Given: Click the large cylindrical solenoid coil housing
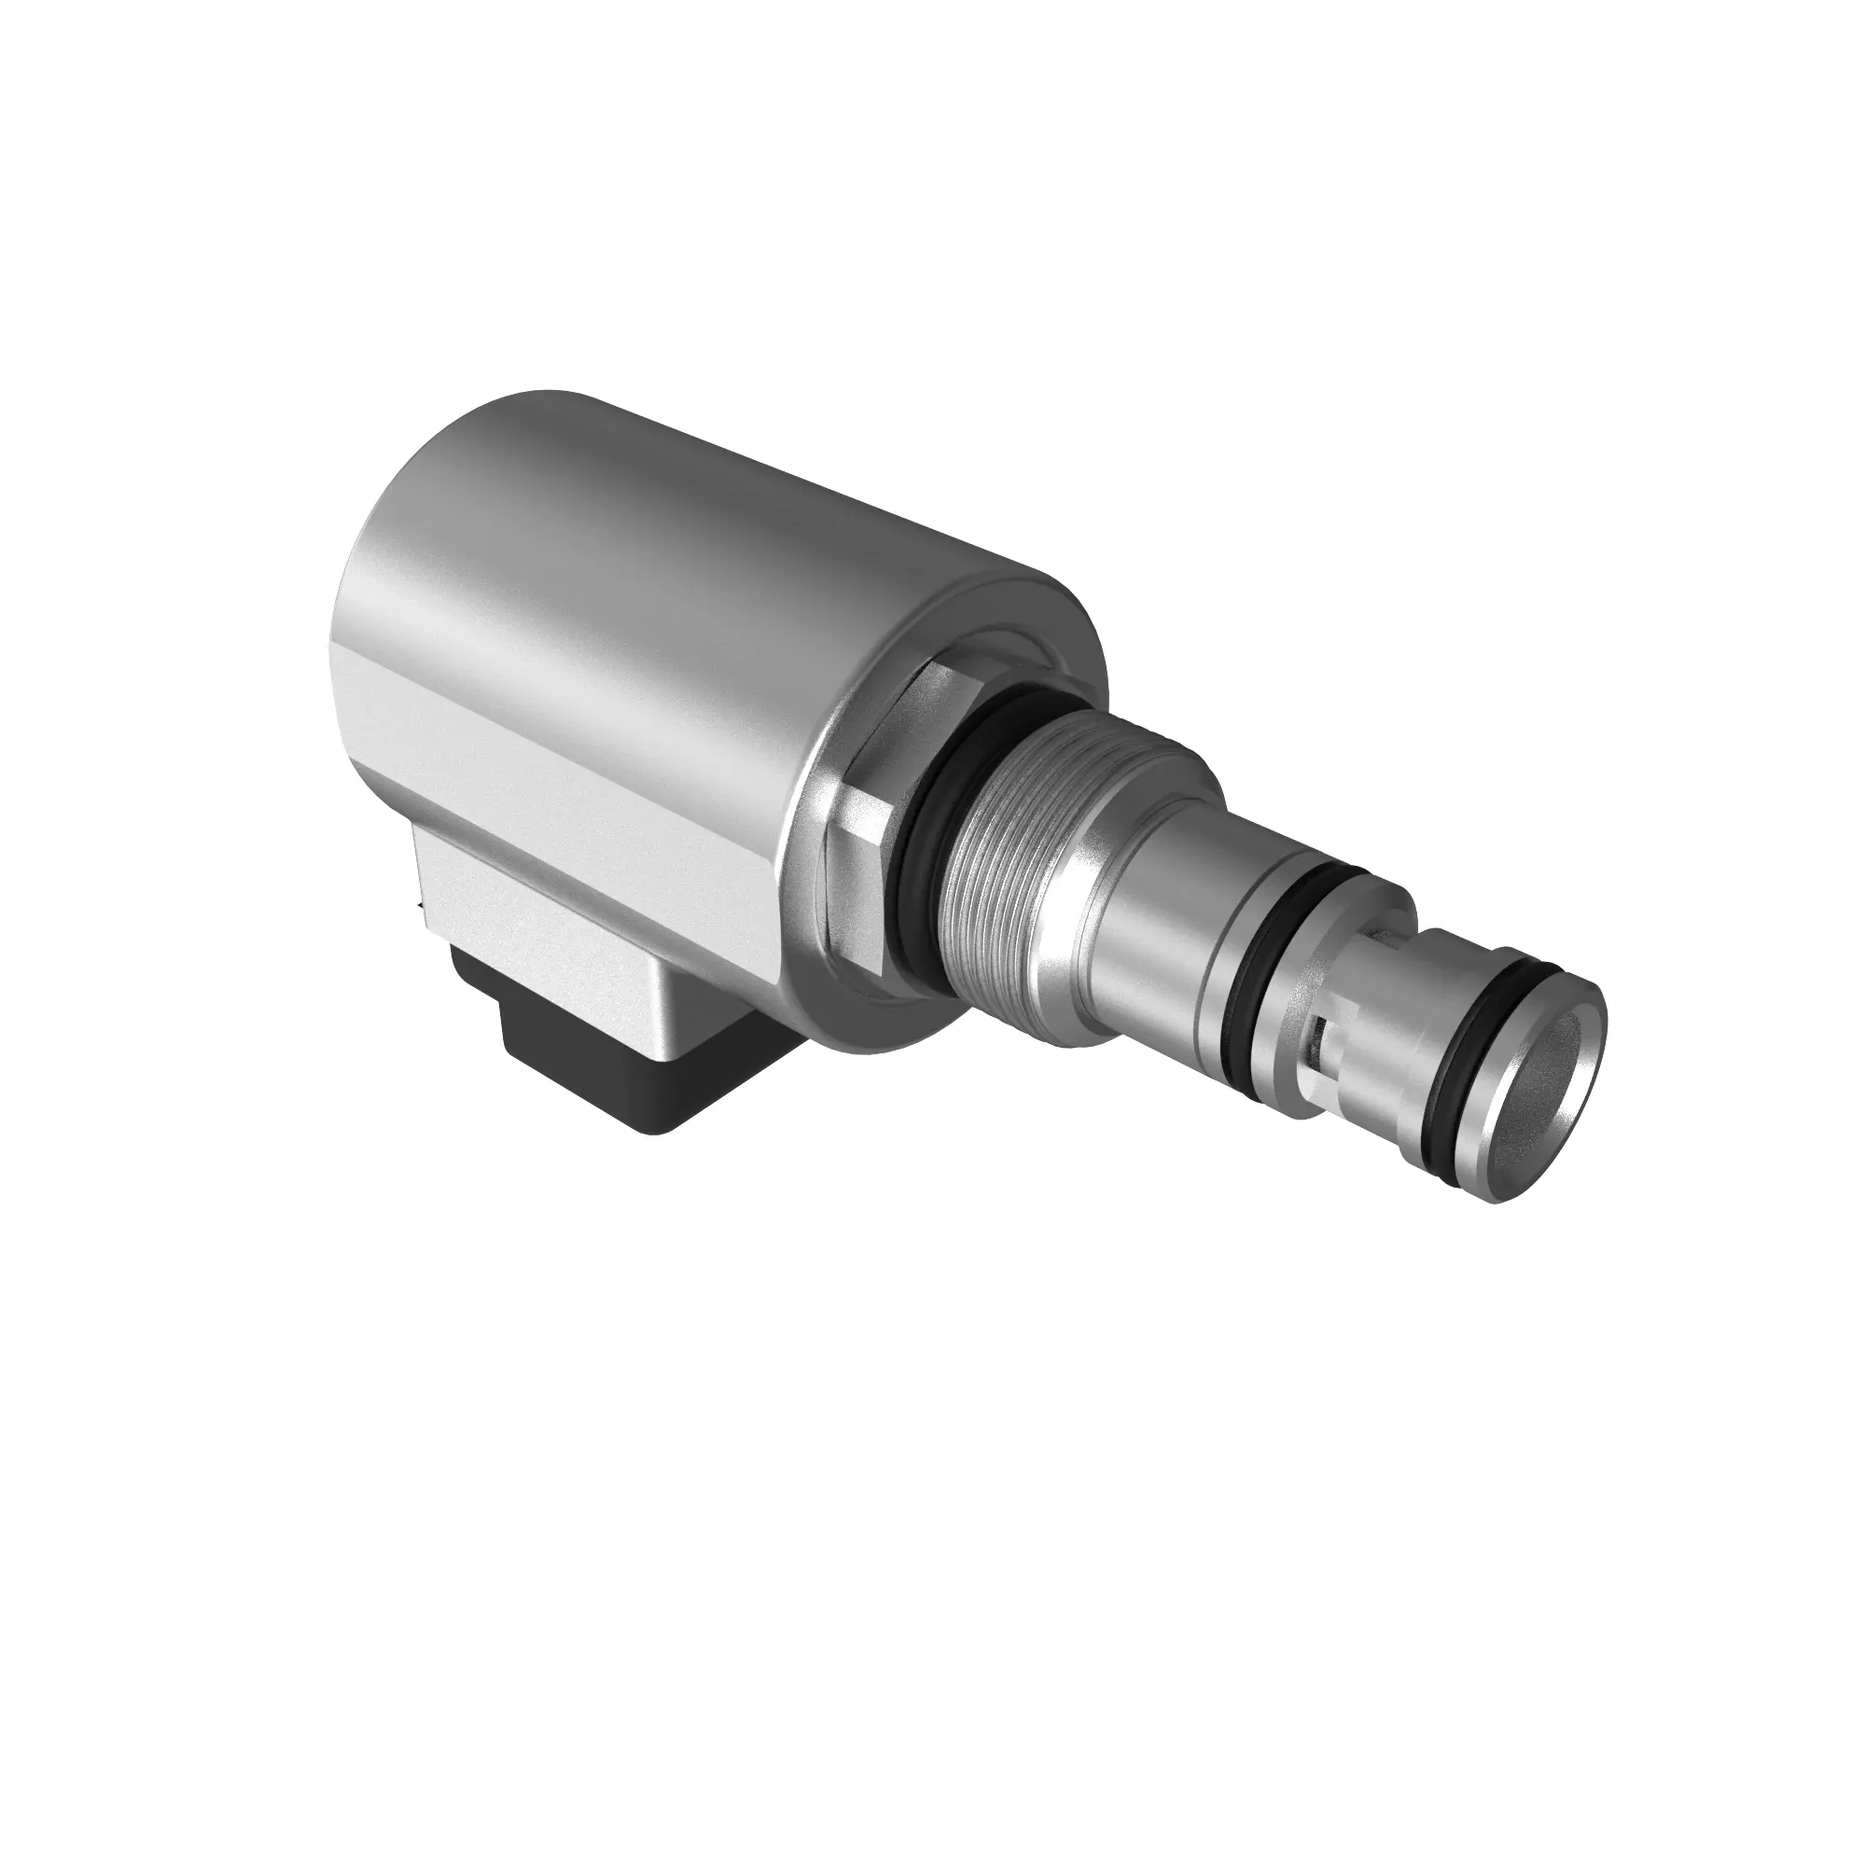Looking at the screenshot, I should (x=676, y=579).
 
